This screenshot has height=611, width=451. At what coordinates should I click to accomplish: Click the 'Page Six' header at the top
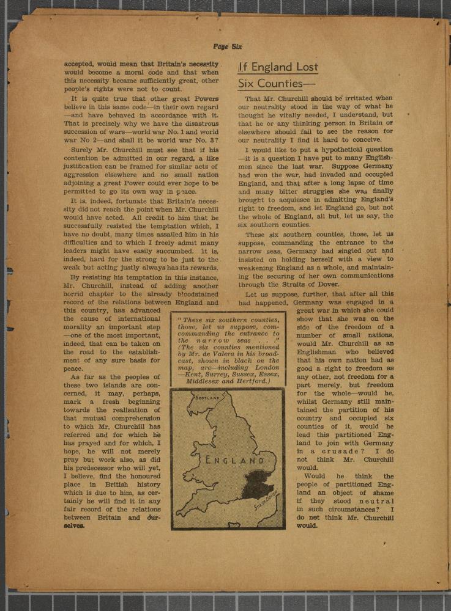pos(228,46)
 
